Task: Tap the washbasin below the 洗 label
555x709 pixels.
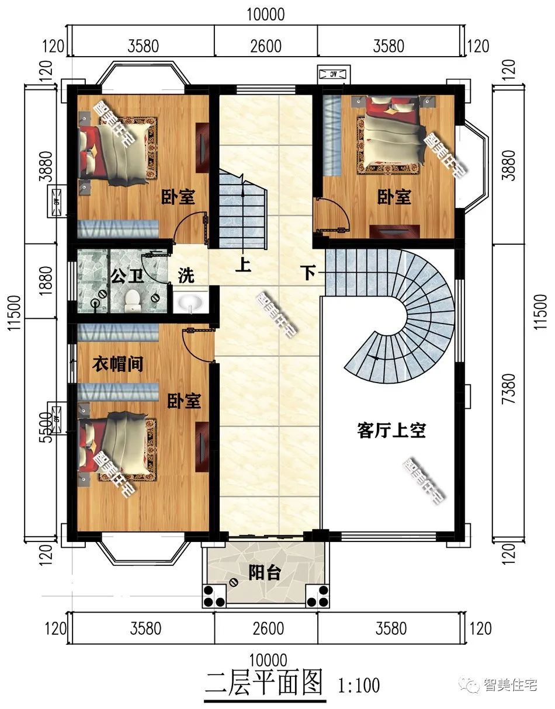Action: pyautogui.click(x=190, y=303)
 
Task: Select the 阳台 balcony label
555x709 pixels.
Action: pyautogui.click(x=264, y=573)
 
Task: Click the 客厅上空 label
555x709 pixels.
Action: pyautogui.click(x=391, y=431)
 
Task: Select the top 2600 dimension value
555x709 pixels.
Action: pyautogui.click(x=265, y=46)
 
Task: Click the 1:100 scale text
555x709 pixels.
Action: pyautogui.click(x=359, y=684)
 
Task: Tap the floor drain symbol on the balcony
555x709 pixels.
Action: pyautogui.click(x=234, y=582)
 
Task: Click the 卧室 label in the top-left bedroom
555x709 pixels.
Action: pyautogui.click(x=178, y=197)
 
